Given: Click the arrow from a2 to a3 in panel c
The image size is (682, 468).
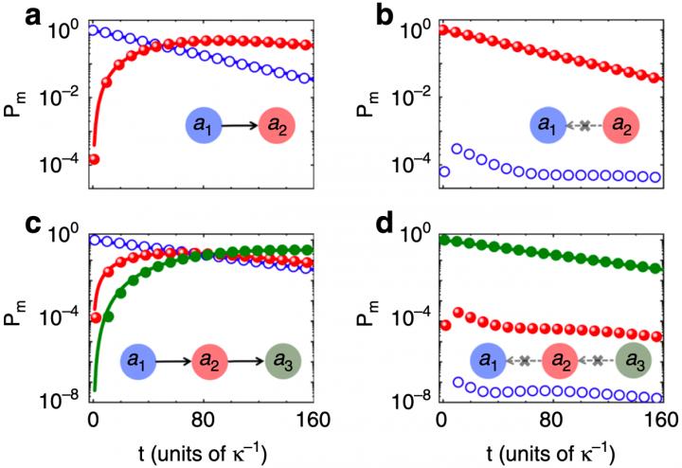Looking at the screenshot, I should point(246,361).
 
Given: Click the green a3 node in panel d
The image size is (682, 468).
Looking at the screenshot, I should point(631,361).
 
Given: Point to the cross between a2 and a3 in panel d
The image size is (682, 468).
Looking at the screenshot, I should point(598,361).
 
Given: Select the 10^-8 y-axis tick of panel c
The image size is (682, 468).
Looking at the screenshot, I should point(58,397).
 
